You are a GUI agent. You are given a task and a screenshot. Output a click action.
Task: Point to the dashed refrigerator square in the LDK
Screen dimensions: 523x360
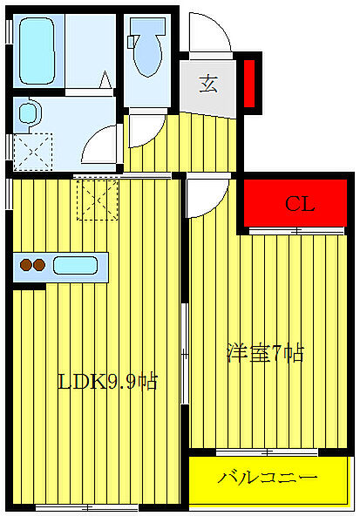click(x=97, y=199)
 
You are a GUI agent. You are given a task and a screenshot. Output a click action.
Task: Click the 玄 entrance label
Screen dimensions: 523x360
click(x=209, y=84)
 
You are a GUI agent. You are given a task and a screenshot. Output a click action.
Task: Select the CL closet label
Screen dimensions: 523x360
click(x=299, y=205)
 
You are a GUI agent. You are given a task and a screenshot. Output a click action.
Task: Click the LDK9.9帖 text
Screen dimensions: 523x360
click(x=107, y=382)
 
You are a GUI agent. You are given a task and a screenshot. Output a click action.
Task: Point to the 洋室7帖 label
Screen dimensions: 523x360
click(x=265, y=353)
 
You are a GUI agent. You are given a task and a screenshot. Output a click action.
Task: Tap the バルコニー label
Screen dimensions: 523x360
click(x=268, y=479)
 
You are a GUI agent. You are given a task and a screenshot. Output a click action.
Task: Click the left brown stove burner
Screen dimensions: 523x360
click(x=26, y=265)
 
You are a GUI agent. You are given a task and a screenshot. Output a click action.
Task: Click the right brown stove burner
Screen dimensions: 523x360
click(x=40, y=265)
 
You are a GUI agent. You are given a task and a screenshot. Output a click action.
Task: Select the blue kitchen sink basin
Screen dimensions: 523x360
click(x=77, y=265)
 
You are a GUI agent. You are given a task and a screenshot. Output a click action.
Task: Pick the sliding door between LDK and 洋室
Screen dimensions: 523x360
click(x=184, y=353)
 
